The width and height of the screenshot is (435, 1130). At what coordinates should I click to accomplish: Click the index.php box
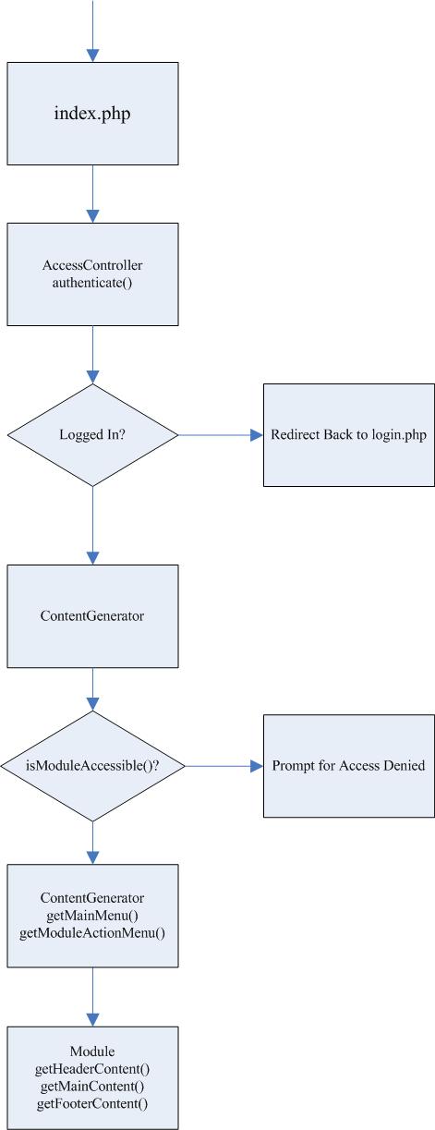point(92,114)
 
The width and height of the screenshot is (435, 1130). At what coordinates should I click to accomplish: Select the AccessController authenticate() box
point(92,273)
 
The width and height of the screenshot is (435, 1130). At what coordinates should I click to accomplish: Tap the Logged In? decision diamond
point(92,435)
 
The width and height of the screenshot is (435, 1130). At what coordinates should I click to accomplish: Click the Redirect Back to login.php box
point(349,435)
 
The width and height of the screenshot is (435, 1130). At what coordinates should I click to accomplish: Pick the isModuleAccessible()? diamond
point(92,766)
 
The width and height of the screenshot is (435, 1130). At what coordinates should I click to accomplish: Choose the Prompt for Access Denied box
point(349,766)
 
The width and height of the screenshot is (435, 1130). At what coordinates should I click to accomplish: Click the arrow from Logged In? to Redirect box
point(221,435)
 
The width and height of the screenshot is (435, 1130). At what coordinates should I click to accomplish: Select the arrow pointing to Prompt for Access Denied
point(224,766)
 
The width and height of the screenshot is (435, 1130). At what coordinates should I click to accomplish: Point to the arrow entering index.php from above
point(92,30)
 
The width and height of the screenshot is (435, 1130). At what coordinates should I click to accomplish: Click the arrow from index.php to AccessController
point(92,194)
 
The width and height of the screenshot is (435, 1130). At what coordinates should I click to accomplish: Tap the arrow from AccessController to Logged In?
point(92,355)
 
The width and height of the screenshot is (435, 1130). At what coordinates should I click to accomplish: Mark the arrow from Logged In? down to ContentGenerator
point(92,526)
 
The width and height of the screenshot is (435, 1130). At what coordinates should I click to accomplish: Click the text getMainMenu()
point(92,915)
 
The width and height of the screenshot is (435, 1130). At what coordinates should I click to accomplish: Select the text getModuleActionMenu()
point(92,933)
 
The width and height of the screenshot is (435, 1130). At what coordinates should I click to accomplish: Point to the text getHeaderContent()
point(92,1068)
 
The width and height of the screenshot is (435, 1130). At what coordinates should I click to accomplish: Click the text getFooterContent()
point(92,1103)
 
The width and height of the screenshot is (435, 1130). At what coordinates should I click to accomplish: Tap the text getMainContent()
point(92,1086)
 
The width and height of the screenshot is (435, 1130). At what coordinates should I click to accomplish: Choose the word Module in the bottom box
point(92,1051)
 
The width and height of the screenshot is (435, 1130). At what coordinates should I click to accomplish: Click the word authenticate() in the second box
point(92,283)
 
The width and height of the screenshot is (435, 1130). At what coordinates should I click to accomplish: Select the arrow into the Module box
point(92,996)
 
